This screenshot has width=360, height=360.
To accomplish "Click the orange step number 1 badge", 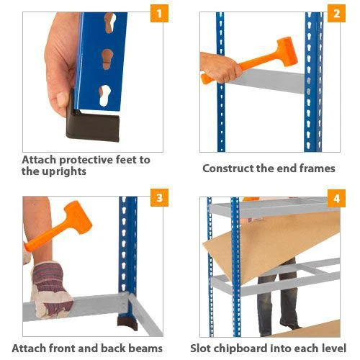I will (x=158, y=14).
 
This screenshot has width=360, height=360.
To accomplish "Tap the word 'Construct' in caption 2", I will (x=230, y=168).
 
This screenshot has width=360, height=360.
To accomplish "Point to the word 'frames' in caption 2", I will (x=317, y=168).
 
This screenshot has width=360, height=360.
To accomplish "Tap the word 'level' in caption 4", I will (x=333, y=348).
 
